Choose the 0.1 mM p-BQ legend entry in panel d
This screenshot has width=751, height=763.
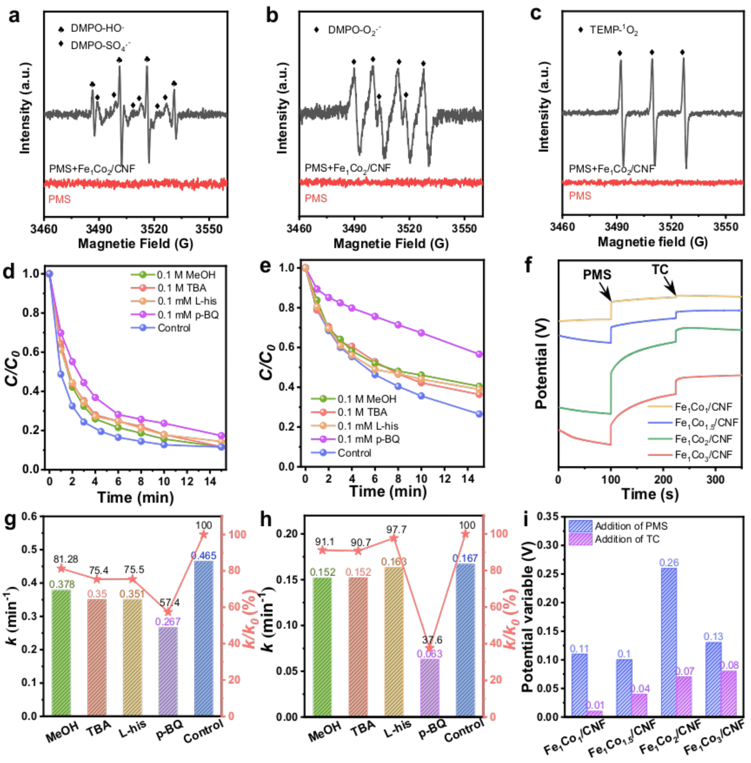click(x=188, y=315)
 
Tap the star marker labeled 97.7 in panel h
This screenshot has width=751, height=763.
click(x=393, y=538)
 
